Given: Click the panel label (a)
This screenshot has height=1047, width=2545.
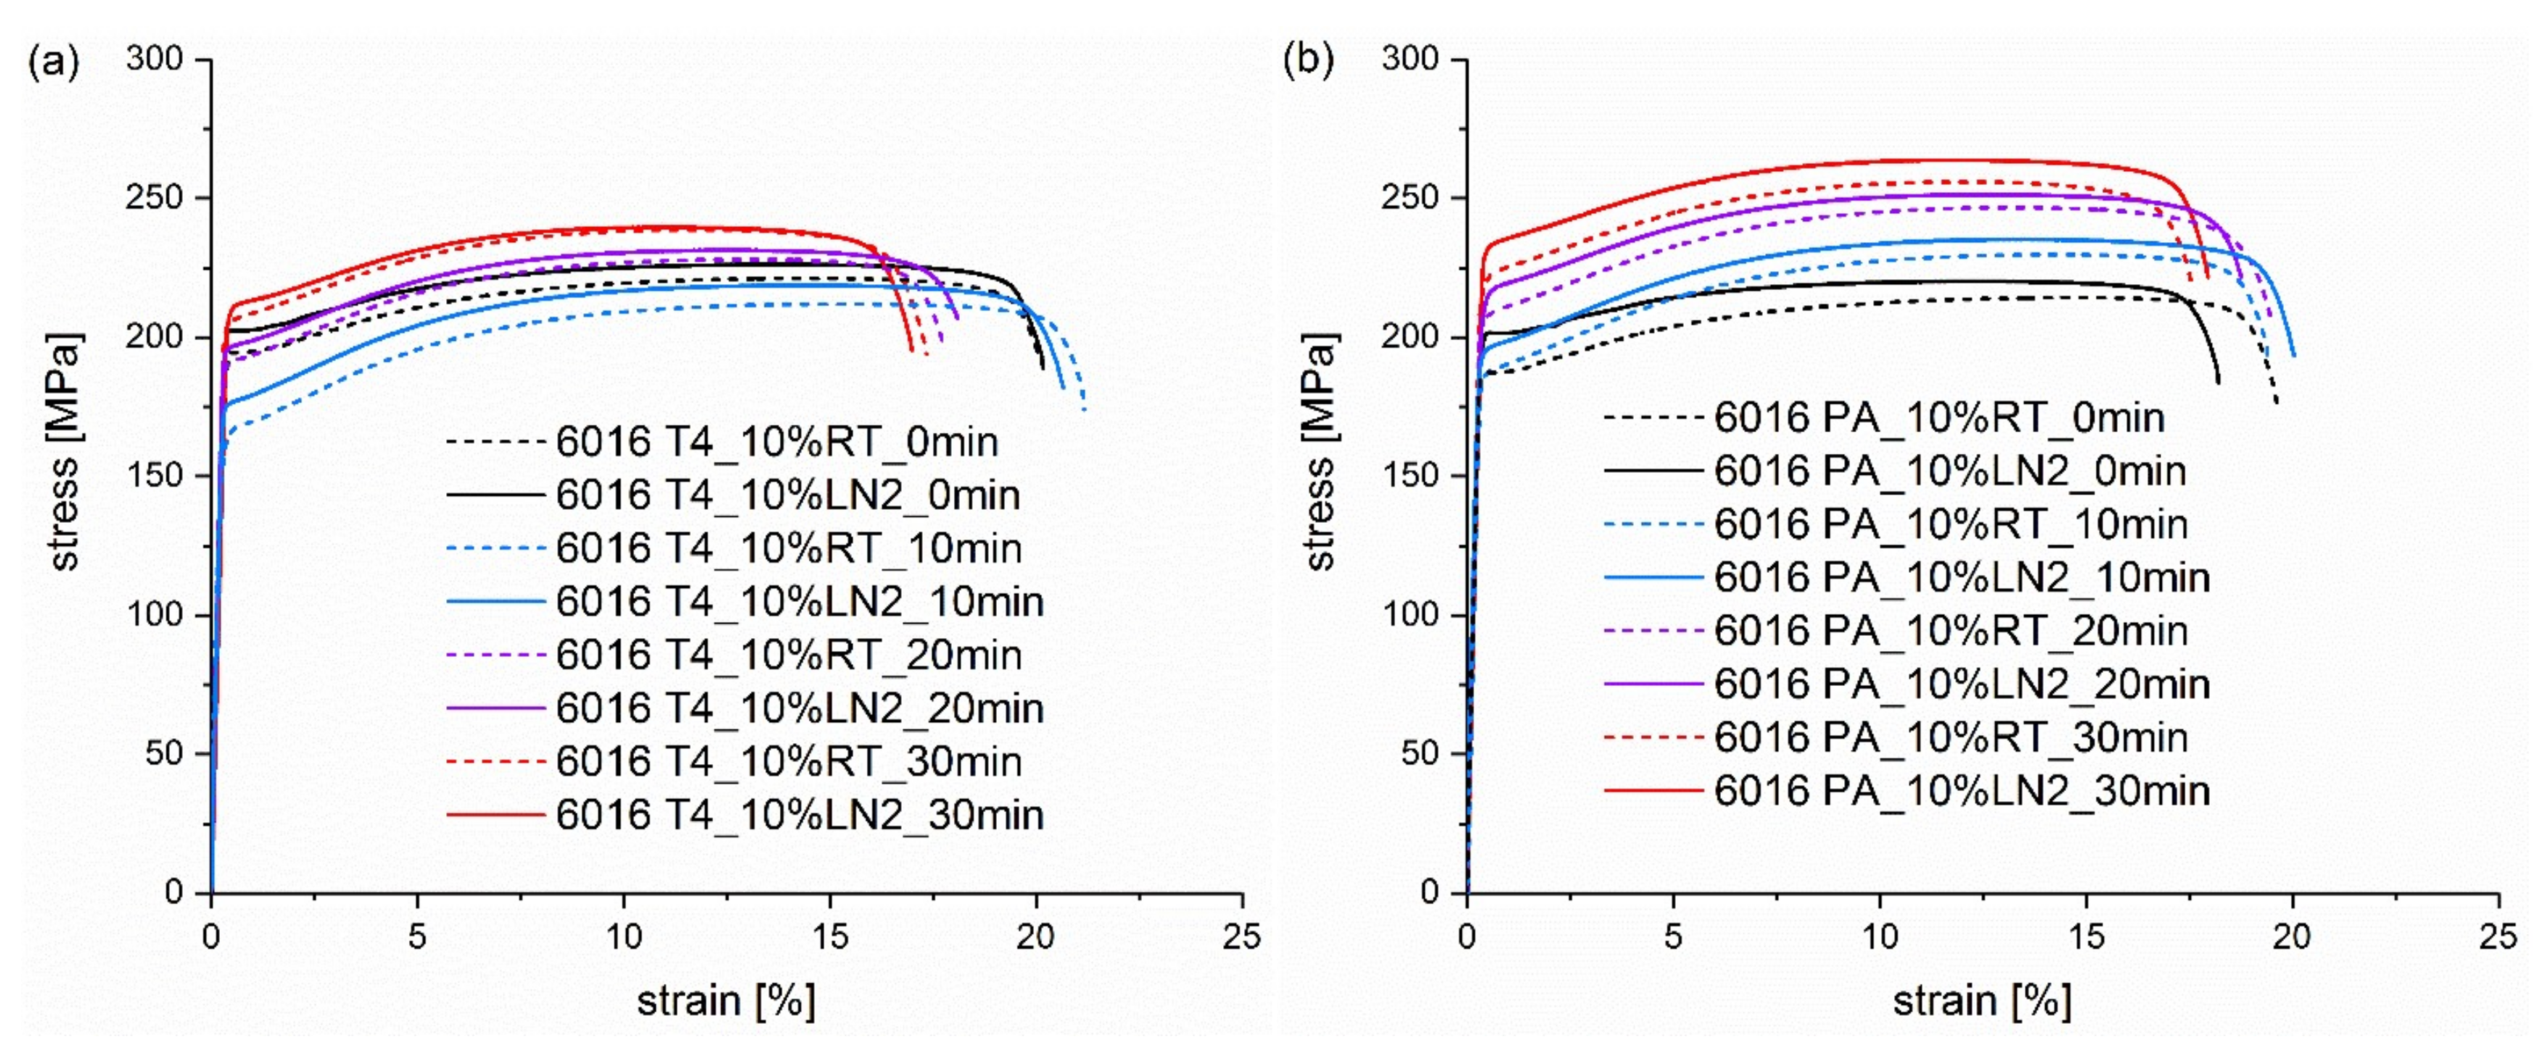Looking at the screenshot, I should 54,61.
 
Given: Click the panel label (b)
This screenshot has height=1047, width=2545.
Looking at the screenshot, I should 1308,61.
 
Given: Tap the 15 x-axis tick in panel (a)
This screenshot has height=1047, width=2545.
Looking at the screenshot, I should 830,935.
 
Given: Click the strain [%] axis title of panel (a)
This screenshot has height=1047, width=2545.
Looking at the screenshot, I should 726,1001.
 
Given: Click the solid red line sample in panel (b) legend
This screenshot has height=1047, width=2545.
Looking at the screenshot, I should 1653,791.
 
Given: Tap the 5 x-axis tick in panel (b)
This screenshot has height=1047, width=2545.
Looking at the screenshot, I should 1673,935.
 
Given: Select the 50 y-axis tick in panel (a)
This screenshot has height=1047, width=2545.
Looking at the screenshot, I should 164,753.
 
